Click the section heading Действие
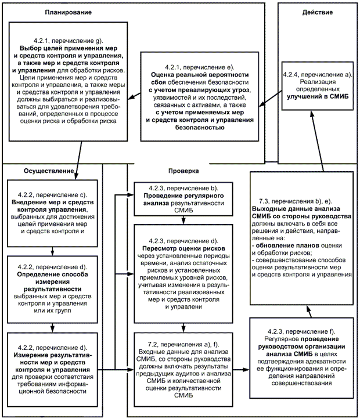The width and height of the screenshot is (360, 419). (316, 12)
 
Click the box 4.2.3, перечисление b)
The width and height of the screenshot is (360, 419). (183, 198)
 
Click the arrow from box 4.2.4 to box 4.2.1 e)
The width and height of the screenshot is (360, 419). (271, 104)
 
